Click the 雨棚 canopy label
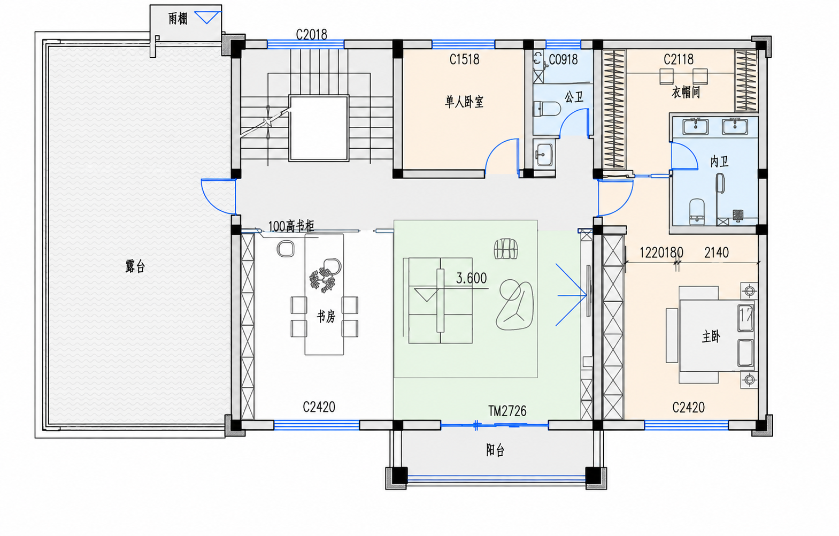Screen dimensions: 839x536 178,18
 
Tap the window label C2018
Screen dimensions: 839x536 311,34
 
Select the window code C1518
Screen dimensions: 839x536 464,59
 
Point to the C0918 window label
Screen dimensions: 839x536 563,59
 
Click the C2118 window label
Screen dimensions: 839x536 679,59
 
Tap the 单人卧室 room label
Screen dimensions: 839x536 464,102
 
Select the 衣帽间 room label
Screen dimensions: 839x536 686,92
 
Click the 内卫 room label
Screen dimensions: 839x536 720,162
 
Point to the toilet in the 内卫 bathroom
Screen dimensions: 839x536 697,212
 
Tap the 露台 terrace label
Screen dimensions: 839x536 135,266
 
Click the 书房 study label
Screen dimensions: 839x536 326,317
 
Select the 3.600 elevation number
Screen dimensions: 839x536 471,278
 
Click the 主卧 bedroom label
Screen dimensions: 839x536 711,336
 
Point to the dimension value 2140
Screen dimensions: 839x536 716,252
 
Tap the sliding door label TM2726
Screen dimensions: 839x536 507,411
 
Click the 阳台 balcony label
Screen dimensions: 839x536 495,450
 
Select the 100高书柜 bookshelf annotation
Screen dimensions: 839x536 291,226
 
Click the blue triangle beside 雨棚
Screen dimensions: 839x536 207,18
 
